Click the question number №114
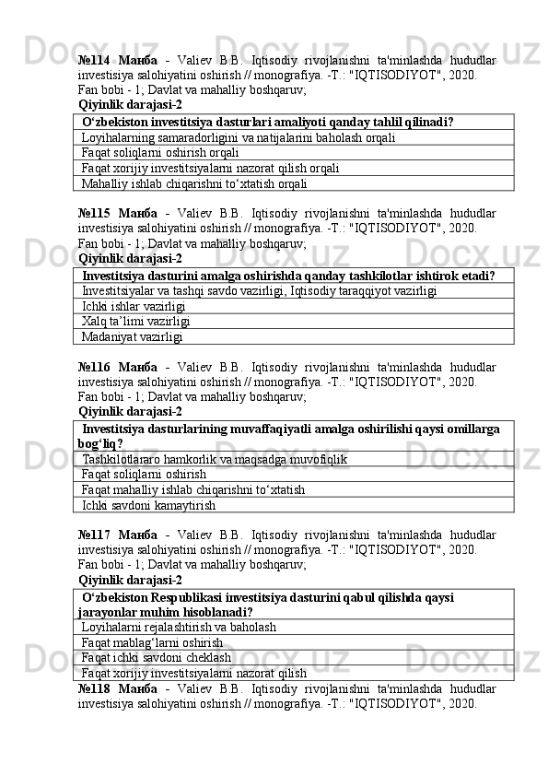(x=99, y=60)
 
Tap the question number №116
(x=99, y=366)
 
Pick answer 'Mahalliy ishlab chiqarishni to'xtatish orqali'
(x=194, y=183)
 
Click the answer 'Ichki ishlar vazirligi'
(x=134, y=305)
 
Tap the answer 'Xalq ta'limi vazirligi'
(x=136, y=321)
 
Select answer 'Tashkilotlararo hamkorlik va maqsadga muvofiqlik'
(x=215, y=458)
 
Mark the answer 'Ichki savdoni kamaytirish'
(x=149, y=505)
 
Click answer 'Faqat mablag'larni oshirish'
(x=152, y=642)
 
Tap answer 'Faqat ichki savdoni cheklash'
(x=156, y=658)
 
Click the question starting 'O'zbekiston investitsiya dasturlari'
(x=267, y=122)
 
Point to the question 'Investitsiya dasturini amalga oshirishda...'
(x=287, y=275)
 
